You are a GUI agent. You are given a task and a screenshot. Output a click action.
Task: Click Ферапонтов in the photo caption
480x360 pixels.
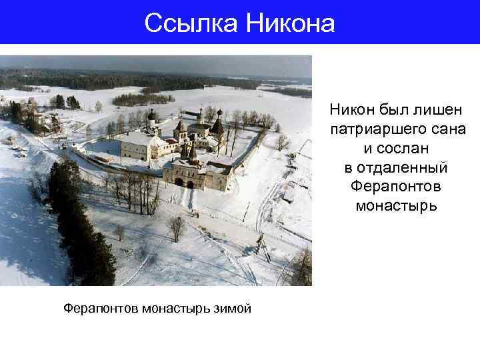tap(99, 308)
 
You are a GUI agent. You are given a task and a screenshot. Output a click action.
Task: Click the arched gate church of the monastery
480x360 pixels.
tap(189, 172)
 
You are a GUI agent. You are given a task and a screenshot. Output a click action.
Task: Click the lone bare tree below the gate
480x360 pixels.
tap(176, 227)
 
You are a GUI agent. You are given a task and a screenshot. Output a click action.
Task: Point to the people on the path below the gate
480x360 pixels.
tap(196, 213)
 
